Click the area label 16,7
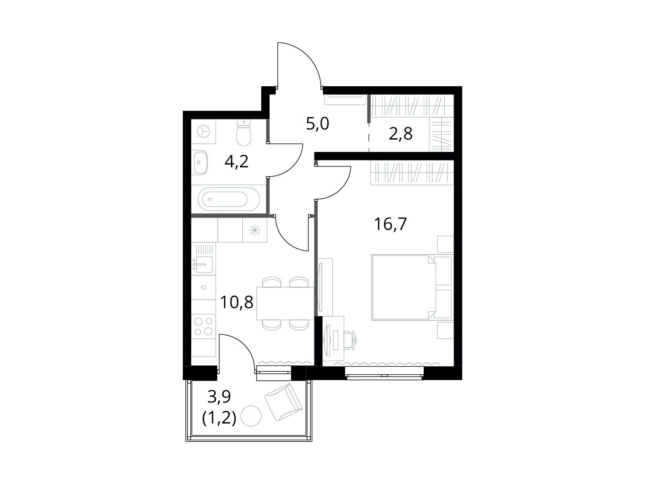pos(390,224)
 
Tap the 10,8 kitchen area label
pos(236,302)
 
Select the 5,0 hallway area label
pos(317,124)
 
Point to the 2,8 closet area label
pos(401,134)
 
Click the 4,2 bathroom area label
pos(236,161)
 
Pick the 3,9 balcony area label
pos(219,396)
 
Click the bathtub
pos(229,199)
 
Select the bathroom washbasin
pos(200,162)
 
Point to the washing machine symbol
pos(203,131)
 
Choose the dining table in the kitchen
pos(285,304)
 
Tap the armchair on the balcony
pos(283,402)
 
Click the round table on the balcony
pos(251,416)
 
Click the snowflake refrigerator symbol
pos(254,230)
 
